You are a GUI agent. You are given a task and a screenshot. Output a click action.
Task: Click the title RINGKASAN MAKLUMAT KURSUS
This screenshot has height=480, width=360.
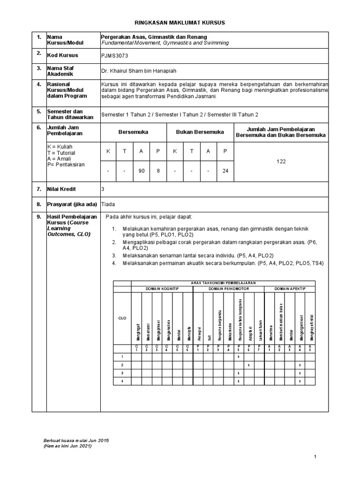[x=180, y=22]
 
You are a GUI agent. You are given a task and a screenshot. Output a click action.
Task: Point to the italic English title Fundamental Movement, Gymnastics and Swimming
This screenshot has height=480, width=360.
[x=165, y=43]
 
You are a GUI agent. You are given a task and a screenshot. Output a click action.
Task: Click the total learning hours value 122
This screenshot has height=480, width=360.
[x=281, y=161]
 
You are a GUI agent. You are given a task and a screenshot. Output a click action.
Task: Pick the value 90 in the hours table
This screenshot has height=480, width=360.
[x=141, y=171]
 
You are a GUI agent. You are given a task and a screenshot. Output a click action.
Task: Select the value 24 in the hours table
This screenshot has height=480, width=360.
[x=225, y=171]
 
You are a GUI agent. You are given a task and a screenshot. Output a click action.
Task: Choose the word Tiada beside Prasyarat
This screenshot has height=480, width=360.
[x=108, y=204]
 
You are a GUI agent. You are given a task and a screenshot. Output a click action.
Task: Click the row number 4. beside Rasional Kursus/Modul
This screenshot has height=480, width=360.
[x=39, y=84]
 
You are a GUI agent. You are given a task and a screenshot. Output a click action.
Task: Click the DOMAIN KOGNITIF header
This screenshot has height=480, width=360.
[x=162, y=289]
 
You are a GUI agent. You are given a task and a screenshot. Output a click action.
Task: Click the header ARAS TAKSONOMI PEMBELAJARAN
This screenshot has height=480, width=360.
[x=223, y=283]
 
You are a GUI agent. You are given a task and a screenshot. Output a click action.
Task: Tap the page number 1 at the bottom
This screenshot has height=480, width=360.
[x=315, y=456]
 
